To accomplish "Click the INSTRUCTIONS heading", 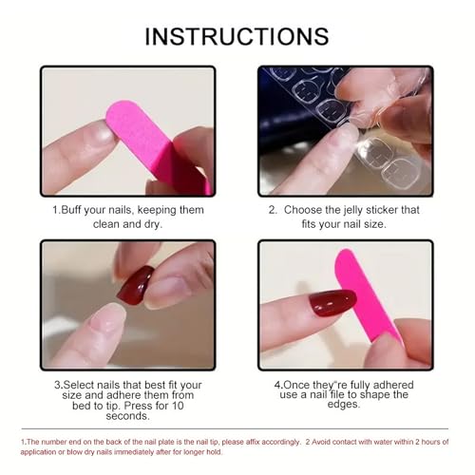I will point(237,36).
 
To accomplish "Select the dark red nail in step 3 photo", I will point(135,285).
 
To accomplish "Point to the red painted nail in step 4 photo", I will point(327,307).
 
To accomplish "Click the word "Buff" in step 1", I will point(78,210).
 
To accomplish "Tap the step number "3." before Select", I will point(57,386).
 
